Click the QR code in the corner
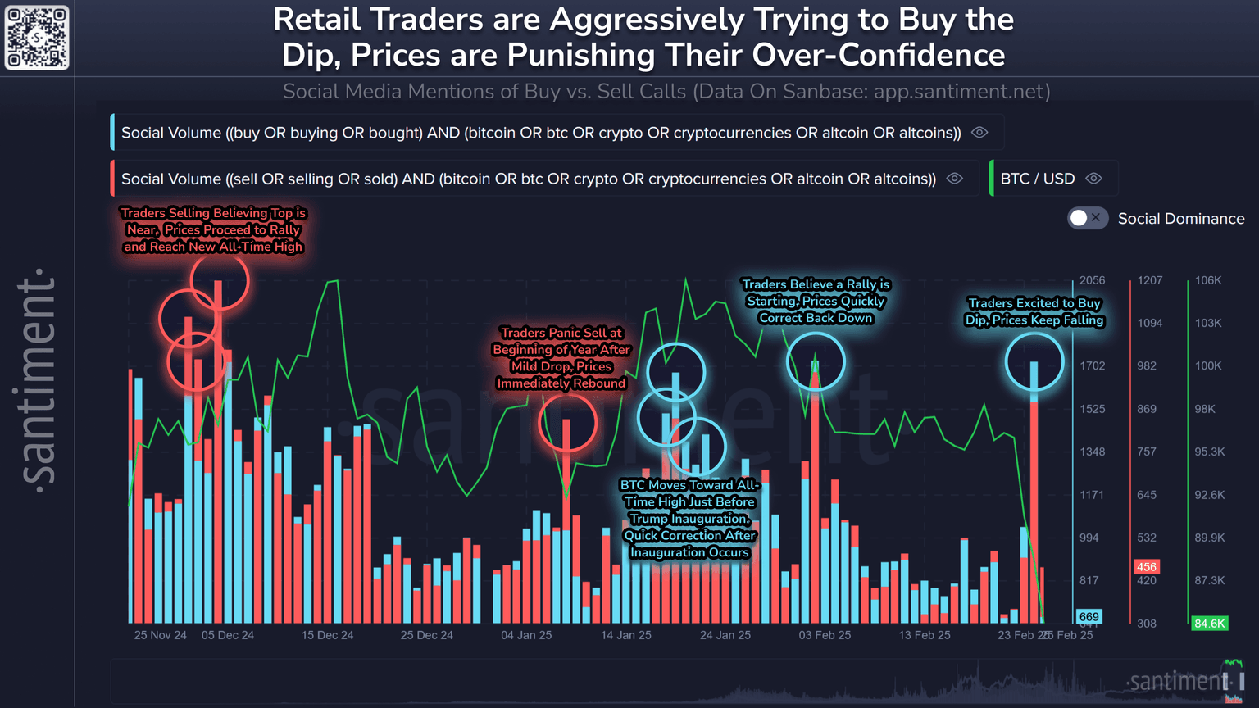37,37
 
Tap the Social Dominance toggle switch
1088,218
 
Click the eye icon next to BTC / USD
1093,179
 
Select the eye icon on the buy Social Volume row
979,133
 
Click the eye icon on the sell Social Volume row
955,179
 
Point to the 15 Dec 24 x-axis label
327,635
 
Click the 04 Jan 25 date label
526,635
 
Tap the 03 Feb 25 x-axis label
825,635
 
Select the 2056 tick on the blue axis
1093,280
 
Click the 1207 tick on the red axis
1149,280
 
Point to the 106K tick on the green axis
1208,280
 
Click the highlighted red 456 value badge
1146,567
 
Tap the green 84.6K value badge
1209,624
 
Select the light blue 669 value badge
1089,617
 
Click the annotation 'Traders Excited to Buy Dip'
1034,311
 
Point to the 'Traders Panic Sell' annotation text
561,357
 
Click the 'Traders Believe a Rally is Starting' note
816,301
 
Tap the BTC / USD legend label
1037,179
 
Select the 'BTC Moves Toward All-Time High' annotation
689,519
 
